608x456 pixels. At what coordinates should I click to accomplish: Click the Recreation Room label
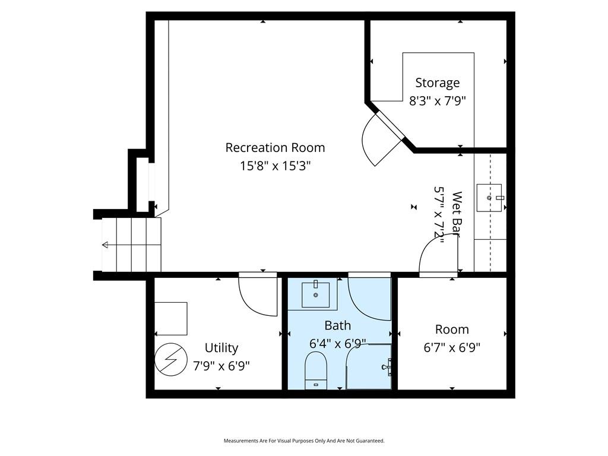[x=275, y=148]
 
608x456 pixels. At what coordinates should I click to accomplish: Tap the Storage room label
[x=438, y=83]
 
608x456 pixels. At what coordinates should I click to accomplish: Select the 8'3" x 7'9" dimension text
[x=438, y=101]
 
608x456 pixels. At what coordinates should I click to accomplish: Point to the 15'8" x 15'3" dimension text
[x=275, y=166]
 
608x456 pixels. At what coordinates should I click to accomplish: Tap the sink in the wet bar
[x=489, y=198]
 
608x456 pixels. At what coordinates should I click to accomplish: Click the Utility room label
[x=221, y=348]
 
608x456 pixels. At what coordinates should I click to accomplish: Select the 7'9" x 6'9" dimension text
[x=221, y=366]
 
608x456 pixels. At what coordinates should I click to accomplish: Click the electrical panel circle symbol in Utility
[x=170, y=359]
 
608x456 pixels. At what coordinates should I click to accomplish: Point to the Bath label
[x=337, y=326]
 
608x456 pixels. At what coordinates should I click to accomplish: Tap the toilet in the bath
[x=316, y=370]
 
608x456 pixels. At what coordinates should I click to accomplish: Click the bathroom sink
[x=316, y=294]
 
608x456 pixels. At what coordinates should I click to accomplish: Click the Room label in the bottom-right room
[x=452, y=330]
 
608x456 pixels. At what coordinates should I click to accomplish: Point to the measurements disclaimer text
[x=304, y=441]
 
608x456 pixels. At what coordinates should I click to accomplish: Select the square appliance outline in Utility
[x=170, y=319]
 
